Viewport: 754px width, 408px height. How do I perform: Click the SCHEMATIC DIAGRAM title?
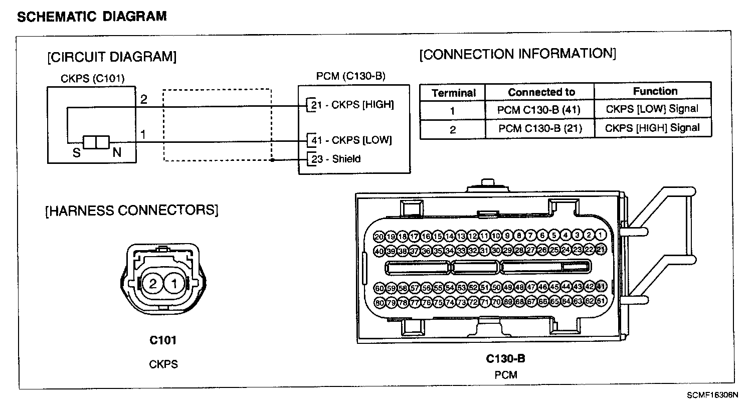(92, 17)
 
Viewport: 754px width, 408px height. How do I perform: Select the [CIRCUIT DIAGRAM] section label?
(112, 57)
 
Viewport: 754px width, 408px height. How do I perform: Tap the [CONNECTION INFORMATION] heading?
(517, 54)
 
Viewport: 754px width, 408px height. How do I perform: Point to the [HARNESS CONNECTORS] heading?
(132, 211)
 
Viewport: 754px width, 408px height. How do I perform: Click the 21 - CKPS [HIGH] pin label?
(352, 105)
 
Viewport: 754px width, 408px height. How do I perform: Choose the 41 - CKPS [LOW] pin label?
(351, 140)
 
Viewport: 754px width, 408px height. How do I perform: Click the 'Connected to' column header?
(541, 92)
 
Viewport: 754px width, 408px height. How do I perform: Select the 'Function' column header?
(655, 91)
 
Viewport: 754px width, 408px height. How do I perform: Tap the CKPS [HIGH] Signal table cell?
(652, 128)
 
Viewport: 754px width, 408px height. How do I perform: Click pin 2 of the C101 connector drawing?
(153, 284)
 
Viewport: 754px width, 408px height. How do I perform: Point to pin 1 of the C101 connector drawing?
(174, 284)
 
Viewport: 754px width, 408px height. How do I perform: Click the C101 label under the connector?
(163, 340)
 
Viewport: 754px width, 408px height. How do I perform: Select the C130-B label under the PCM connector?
(505, 358)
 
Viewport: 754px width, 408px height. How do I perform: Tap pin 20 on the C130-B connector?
(380, 237)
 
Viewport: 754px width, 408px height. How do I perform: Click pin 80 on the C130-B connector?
(380, 302)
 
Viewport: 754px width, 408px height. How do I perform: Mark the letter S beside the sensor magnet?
(77, 153)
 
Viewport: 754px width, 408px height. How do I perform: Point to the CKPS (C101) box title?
(92, 78)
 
